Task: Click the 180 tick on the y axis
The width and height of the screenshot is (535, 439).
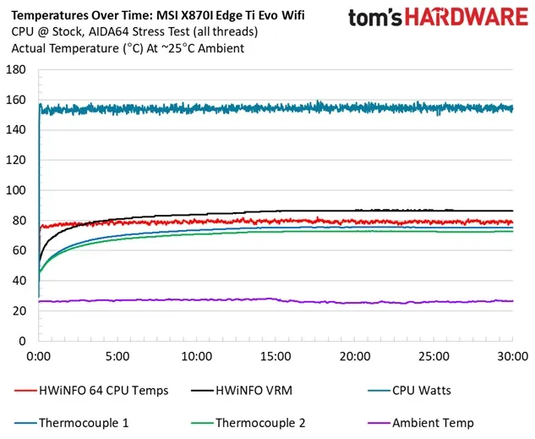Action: click(16, 70)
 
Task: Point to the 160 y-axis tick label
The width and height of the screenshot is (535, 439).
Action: click(16, 100)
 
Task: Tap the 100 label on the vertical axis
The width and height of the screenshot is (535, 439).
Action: click(16, 190)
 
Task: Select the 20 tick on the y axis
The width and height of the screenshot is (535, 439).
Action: click(19, 311)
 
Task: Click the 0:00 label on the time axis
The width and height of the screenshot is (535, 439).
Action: click(40, 356)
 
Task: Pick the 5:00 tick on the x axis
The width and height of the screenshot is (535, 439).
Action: click(118, 356)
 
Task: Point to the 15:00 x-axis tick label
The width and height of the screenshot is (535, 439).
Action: click(276, 356)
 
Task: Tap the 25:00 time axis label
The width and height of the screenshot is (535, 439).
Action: click(434, 356)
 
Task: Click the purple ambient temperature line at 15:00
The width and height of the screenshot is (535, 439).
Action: click(276, 299)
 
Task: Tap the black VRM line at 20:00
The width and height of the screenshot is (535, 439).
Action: click(355, 211)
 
